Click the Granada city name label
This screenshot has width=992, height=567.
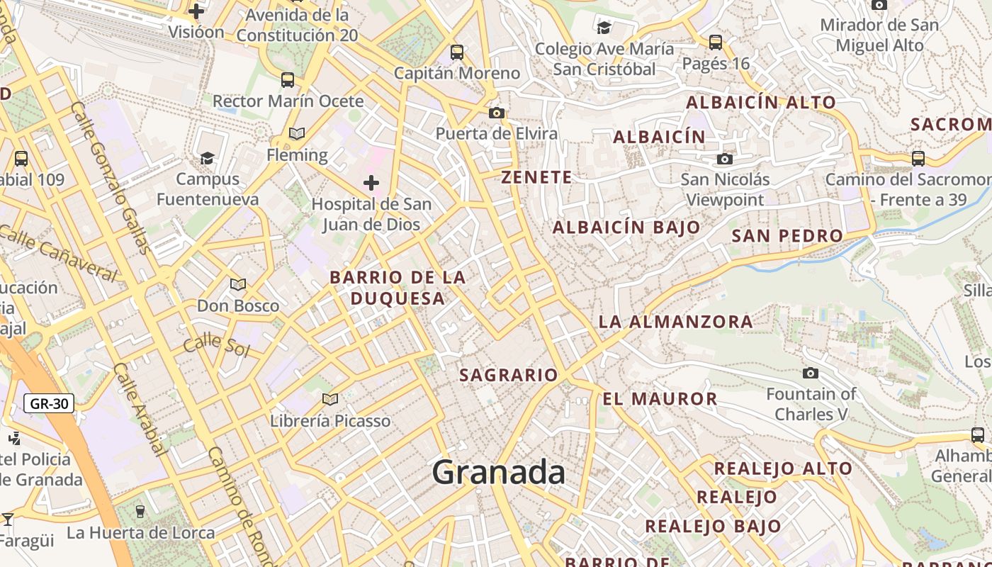[498, 472]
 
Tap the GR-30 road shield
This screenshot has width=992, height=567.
[50, 404]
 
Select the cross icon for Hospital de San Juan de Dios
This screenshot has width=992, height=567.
[371, 184]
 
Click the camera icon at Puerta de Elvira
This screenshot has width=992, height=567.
[497, 113]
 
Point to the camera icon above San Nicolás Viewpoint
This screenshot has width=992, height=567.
[724, 159]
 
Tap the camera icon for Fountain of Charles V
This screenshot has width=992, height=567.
[811, 373]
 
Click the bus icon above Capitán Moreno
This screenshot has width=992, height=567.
[457, 52]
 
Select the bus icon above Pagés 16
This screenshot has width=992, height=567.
[716, 43]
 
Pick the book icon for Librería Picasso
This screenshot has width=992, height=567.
[329, 400]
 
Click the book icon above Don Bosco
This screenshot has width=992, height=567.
[238, 284]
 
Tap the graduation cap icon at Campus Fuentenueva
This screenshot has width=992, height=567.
[207, 157]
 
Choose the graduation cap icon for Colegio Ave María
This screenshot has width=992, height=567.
[604, 28]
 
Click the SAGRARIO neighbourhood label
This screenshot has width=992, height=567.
[509, 375]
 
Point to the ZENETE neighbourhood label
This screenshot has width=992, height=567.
[536, 177]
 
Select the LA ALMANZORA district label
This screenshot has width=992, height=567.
[675, 322]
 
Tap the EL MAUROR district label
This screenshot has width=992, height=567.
[660, 398]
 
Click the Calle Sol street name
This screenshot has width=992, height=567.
[215, 346]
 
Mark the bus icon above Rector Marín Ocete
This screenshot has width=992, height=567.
[288, 79]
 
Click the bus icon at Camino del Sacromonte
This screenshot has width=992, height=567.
[918, 159]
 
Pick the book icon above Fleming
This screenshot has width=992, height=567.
[297, 133]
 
